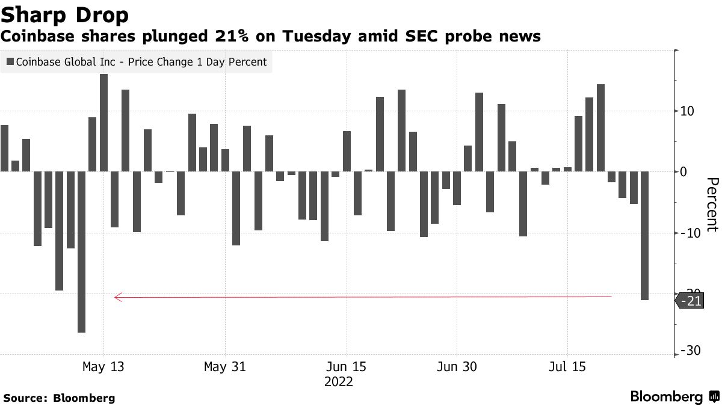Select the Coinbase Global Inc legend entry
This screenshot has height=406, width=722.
137,62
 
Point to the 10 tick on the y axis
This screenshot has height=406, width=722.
688,111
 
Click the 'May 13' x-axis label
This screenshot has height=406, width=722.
103,367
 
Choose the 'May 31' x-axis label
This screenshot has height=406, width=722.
225,367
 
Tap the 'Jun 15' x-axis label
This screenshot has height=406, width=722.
347,367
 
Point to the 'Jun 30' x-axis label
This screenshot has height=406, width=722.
457,367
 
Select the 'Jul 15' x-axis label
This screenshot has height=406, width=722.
567,367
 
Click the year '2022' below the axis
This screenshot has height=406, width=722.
338,383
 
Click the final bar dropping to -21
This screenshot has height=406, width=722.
644,236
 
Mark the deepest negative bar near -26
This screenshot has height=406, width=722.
81,252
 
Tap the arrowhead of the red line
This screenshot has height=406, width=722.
117,297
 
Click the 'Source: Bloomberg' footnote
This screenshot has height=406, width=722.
59,398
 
